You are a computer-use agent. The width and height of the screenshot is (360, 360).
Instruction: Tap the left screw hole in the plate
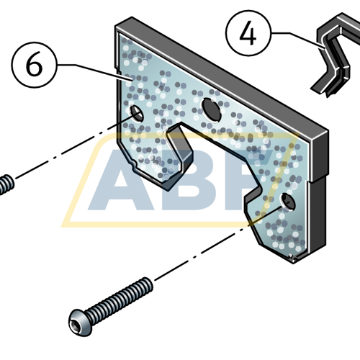[135, 113]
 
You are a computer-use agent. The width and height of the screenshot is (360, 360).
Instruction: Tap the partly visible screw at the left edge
[6, 184]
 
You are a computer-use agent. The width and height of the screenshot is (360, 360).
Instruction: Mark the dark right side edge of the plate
[321, 180]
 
